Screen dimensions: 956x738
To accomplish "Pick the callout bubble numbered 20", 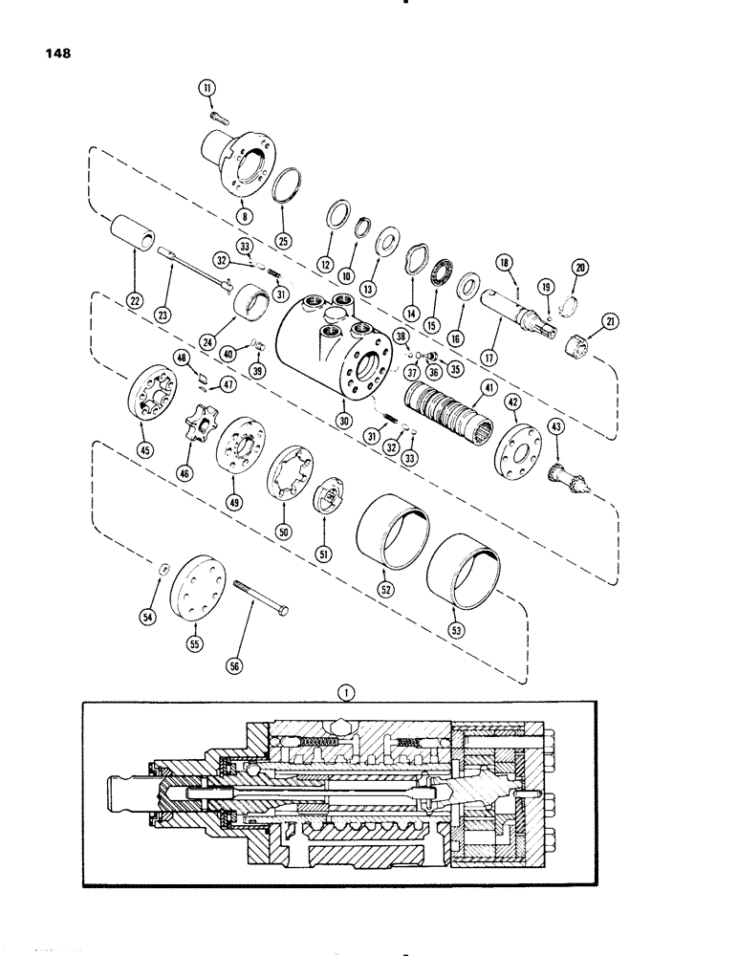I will (579, 266).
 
